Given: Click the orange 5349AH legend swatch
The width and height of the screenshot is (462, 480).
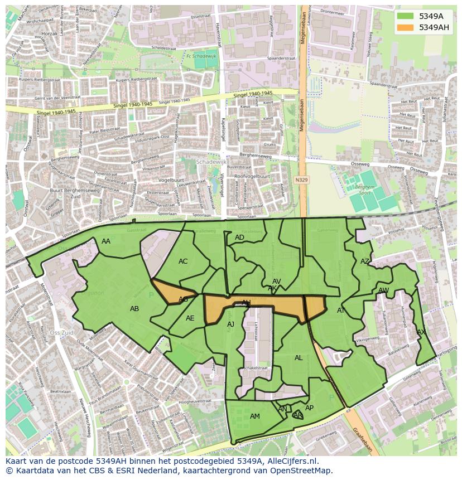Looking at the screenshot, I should pos(405,27).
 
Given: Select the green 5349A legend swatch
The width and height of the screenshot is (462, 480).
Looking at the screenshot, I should pos(405,16).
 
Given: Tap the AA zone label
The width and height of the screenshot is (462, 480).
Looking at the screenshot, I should pos(106,241).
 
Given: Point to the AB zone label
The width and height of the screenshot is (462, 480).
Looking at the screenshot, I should pos(134,309).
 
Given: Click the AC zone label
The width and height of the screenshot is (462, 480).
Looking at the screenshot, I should pos(183,261).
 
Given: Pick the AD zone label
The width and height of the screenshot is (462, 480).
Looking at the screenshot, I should pos(239,237).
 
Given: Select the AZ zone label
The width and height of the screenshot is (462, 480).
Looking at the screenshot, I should pos(365,261).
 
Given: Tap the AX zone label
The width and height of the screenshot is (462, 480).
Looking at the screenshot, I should pos(421,332).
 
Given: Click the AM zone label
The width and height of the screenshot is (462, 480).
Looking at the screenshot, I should pos(255,416).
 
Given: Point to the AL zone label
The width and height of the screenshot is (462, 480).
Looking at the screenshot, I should pos(299,358).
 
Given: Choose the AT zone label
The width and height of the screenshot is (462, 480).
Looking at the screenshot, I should pos(341,311).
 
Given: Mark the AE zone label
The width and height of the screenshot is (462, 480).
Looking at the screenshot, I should pos(190,318).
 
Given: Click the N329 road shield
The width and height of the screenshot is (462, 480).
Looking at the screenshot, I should pos(301,180).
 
